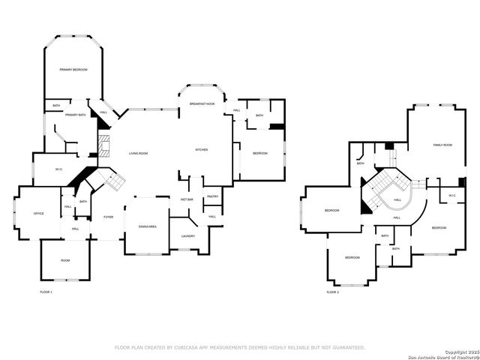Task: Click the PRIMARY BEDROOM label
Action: (x=73, y=70)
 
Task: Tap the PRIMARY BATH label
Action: (x=76, y=115)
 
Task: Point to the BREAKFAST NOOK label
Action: (x=202, y=103)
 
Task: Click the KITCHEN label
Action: (x=201, y=150)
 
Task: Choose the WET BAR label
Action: (x=187, y=199)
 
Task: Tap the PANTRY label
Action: (x=212, y=196)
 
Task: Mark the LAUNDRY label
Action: (x=187, y=236)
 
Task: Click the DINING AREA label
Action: (x=147, y=226)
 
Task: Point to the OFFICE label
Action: (x=38, y=214)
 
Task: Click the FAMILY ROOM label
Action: (x=442, y=145)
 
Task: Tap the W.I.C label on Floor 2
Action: (x=452, y=196)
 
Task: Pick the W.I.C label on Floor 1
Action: (x=58, y=169)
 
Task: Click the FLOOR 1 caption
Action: (x=46, y=292)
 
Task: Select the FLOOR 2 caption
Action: (x=332, y=292)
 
